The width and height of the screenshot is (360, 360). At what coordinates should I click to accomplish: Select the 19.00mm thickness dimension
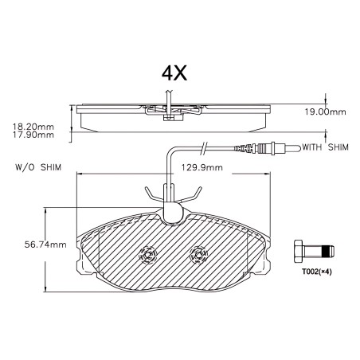tap(325, 112)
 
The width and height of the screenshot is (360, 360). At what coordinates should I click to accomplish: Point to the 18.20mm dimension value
tap(33, 127)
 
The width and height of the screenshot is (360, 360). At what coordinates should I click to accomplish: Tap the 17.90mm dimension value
tap(33, 135)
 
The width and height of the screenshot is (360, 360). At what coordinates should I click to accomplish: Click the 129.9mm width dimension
tap(202, 167)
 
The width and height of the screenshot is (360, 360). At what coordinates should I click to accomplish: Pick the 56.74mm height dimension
tap(45, 245)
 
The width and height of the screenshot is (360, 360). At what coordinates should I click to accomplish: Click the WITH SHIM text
tap(325, 147)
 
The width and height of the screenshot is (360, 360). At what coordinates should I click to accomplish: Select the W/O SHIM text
tap(38, 167)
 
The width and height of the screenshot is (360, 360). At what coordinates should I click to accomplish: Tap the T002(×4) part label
tap(317, 272)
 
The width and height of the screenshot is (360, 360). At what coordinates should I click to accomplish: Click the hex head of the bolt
tap(299, 251)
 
